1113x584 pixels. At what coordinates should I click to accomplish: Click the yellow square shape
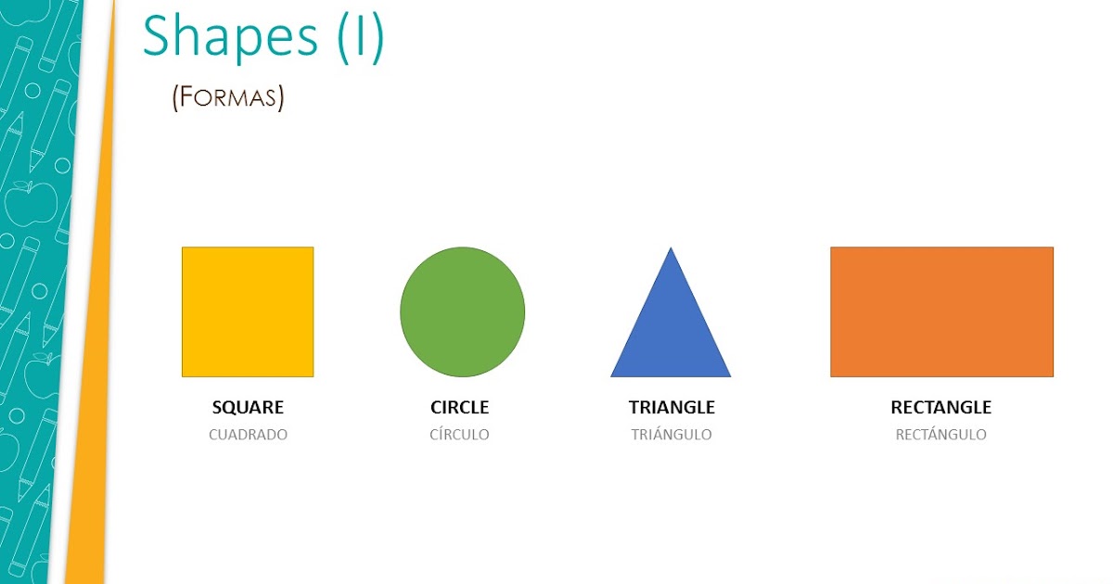tap(248, 311)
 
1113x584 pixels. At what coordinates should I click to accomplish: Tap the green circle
tap(462, 311)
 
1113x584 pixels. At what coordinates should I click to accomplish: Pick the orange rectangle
tap(941, 311)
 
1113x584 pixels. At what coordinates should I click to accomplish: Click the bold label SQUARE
tap(248, 407)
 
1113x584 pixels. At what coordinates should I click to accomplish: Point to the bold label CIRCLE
tap(459, 407)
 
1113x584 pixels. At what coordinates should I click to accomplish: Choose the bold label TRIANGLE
tap(672, 407)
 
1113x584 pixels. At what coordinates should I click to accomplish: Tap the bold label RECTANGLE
tap(940, 407)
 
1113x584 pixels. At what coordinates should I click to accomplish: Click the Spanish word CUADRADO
tap(248, 435)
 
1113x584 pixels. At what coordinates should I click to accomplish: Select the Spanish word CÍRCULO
tap(459, 435)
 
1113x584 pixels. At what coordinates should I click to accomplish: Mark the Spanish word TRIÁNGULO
tap(672, 435)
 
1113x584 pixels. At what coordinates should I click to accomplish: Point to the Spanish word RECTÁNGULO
tap(940, 435)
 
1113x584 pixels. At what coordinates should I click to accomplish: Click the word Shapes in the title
tap(230, 37)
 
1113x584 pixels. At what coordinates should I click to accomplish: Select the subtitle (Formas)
tap(227, 97)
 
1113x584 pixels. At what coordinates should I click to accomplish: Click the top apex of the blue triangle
tap(670, 248)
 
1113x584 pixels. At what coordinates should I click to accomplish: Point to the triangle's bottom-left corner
tap(611, 376)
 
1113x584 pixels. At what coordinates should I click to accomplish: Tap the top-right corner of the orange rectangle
tap(1053, 248)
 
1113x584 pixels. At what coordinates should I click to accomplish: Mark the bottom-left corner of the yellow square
tap(183, 376)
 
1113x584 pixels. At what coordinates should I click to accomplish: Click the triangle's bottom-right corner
tap(730, 376)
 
